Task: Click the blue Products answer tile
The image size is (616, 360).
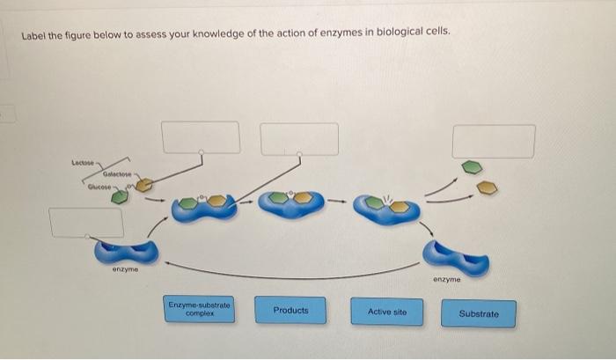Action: (290, 310)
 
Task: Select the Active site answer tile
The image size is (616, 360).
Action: (387, 312)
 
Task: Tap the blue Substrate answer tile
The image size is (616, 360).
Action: (479, 313)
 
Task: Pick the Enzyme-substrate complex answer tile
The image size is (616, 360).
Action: (199, 309)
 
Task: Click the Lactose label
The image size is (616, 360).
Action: (83, 162)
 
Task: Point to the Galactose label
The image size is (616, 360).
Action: (117, 173)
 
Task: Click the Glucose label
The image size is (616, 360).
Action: (99, 187)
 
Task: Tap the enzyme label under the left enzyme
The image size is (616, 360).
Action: (125, 269)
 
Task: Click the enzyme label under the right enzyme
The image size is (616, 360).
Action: (447, 279)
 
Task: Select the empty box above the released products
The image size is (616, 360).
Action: (494, 142)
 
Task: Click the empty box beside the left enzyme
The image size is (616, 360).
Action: (86, 223)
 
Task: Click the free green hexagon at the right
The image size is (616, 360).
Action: (472, 167)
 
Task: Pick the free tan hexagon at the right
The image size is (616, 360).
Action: (488, 187)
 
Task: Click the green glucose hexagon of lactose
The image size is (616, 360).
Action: (120, 196)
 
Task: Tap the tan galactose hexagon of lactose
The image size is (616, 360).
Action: (144, 185)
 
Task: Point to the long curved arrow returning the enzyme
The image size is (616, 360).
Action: (290, 277)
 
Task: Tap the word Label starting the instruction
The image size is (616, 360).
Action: (33, 36)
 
